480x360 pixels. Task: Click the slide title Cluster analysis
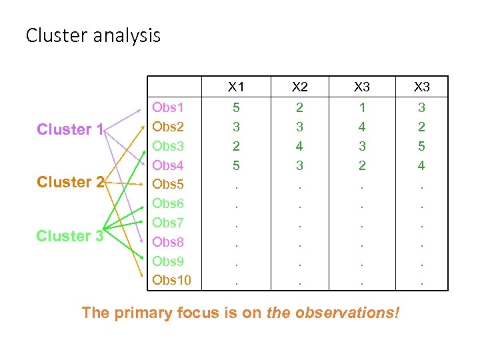[93, 35]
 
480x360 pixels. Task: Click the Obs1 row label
[168, 107]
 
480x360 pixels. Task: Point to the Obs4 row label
[168, 165]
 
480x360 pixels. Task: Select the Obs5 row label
[168, 184]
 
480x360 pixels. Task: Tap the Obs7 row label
[168, 223]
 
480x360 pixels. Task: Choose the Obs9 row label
[168, 261]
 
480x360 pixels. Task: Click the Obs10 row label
[171, 280]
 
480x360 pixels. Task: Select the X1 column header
[236, 87]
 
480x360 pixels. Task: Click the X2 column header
[300, 87]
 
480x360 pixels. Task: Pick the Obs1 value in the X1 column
[236, 107]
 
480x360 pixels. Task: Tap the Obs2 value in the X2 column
[300, 127]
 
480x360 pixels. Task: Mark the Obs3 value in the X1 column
[236, 146]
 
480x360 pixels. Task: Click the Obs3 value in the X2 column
[300, 146]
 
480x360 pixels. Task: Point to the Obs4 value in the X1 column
[236, 165]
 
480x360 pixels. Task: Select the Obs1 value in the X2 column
[300, 107]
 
